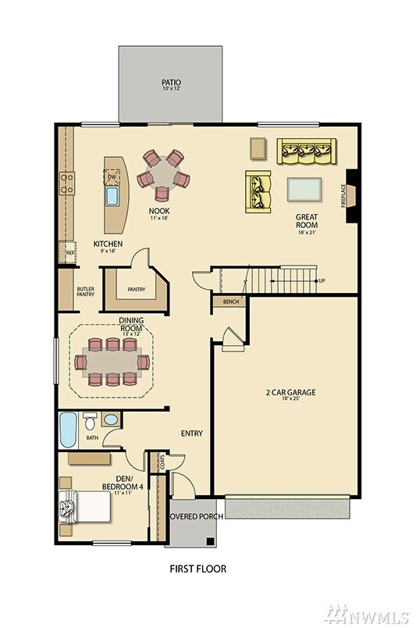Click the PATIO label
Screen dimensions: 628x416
pyautogui.click(x=171, y=81)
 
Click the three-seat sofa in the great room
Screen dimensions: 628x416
pyautogui.click(x=307, y=151)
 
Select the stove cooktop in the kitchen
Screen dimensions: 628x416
pyautogui.click(x=67, y=184)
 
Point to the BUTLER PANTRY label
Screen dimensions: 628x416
pyautogui.click(x=85, y=291)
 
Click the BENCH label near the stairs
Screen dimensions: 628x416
pyautogui.click(x=230, y=301)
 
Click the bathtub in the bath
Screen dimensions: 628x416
pyautogui.click(x=69, y=430)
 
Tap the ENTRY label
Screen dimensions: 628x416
pyautogui.click(x=192, y=434)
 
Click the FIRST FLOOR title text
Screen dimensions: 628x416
pyautogui.click(x=198, y=569)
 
